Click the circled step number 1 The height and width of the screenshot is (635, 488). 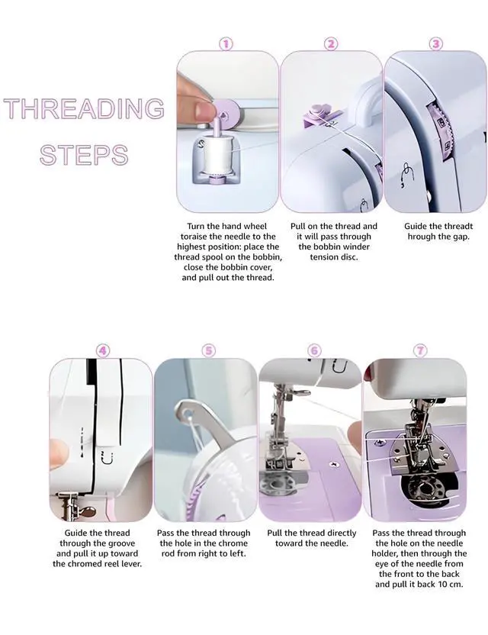point(226,44)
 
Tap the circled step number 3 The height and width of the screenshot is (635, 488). point(436,44)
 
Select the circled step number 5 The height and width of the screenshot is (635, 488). point(209,350)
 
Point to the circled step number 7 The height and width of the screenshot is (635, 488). point(420,350)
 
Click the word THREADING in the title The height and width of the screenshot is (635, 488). point(84,108)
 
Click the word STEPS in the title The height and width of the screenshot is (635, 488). point(84,155)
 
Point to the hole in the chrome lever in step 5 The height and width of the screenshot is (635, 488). point(187,414)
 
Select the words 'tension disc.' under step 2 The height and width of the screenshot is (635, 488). point(334,256)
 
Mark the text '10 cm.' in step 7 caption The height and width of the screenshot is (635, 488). point(450,584)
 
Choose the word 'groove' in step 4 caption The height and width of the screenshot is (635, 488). point(120,543)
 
